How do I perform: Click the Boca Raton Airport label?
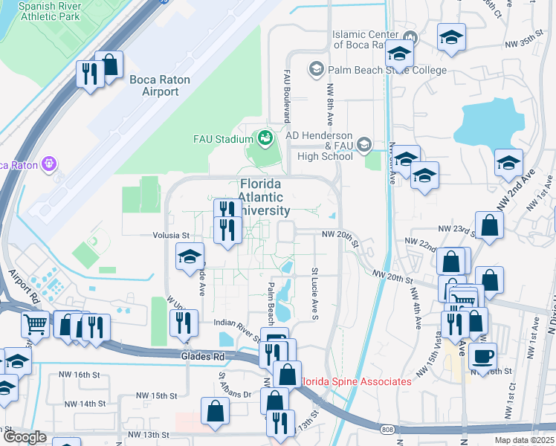pyautogui.click(x=159, y=85)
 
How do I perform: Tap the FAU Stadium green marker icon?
pyautogui.click(x=264, y=138)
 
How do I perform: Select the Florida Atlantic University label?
pyautogui.click(x=260, y=197)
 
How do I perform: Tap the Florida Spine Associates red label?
pyautogui.click(x=355, y=381)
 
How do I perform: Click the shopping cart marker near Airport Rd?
pyautogui.click(x=35, y=325)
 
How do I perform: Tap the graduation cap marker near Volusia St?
pyautogui.click(x=190, y=257)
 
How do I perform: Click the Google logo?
pyautogui.click(x=25, y=437)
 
